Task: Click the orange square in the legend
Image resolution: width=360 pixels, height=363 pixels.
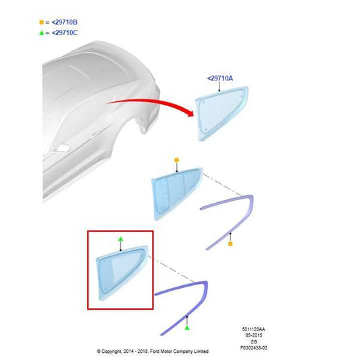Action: pyautogui.click(x=41, y=22)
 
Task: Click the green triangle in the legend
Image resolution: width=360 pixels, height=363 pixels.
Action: pyautogui.click(x=41, y=33)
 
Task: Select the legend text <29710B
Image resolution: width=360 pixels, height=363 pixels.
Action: pyautogui.click(x=65, y=22)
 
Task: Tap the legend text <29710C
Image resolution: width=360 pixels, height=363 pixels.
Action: pyautogui.click(x=65, y=33)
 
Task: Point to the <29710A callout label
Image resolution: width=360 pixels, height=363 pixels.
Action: pyautogui.click(x=220, y=78)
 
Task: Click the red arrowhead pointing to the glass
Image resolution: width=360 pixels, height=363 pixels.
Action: pyautogui.click(x=190, y=113)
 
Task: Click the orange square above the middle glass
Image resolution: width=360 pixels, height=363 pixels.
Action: pyautogui.click(x=176, y=160)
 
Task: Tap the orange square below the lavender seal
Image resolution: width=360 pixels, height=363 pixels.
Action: pyautogui.click(x=230, y=244)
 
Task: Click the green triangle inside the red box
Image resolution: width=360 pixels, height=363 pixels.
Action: pyautogui.click(x=120, y=239)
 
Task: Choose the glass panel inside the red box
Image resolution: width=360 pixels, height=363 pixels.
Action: pyautogui.click(x=122, y=273)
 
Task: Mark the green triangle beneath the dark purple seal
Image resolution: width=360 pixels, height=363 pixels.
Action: pyautogui.click(x=187, y=328)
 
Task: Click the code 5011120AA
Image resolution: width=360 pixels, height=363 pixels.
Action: pyautogui.click(x=253, y=329)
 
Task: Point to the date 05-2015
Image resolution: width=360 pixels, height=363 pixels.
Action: pyautogui.click(x=254, y=335)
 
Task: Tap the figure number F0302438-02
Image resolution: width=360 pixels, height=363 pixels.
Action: pyautogui.click(x=254, y=347)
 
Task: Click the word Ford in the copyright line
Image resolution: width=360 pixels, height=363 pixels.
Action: pyautogui.click(x=155, y=352)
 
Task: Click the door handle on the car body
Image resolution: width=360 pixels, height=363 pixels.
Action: pyautogui.click(x=62, y=148)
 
